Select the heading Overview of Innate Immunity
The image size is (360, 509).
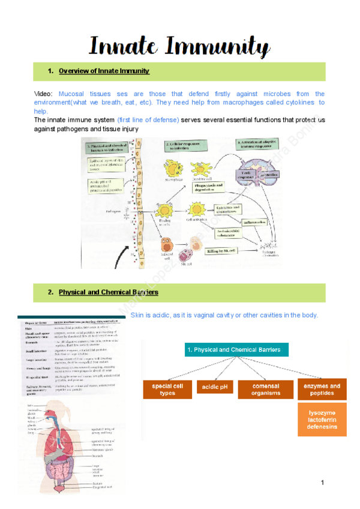pos(104,71)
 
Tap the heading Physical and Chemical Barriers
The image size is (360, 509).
pos(108,293)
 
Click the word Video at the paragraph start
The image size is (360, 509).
pos(43,94)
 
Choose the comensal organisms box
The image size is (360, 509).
pos(265,390)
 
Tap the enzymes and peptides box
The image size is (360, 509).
pos(322,390)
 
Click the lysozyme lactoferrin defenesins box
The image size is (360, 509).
pos(323,420)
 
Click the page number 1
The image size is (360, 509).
pos(322,483)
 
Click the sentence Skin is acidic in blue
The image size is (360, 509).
pos(223,316)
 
